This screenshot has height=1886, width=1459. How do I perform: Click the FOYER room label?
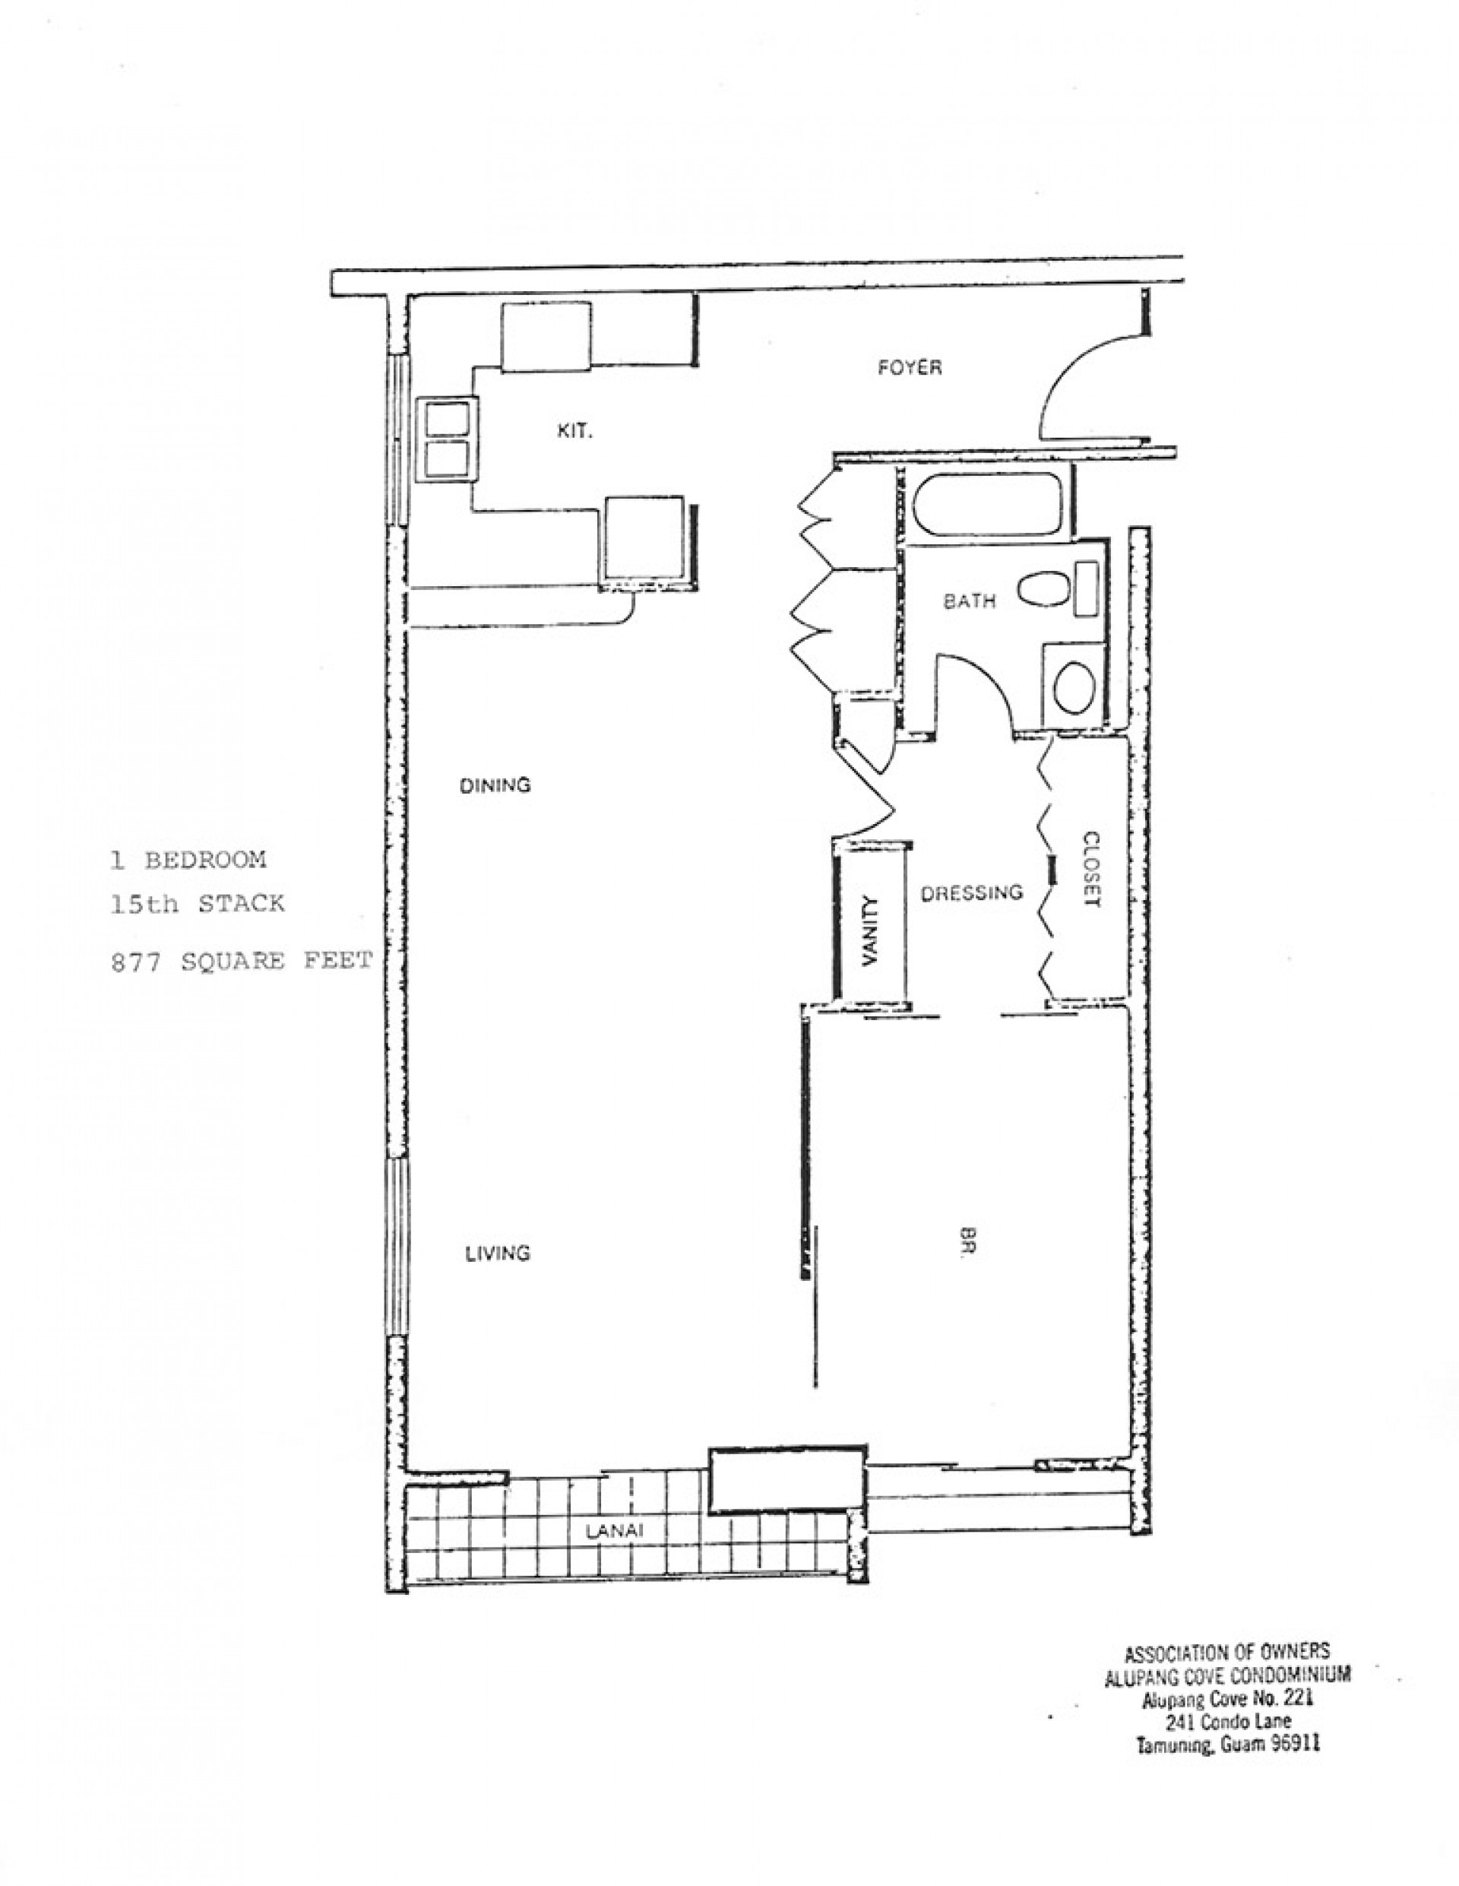(910, 368)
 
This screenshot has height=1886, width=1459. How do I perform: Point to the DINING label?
(495, 785)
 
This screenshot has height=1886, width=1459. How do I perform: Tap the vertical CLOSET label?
(1092, 869)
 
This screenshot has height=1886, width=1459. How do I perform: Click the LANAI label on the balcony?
(614, 1555)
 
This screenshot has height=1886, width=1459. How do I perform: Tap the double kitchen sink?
(447, 440)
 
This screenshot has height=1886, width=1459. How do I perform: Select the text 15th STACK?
(198, 904)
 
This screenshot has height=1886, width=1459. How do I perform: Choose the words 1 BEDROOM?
(189, 860)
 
